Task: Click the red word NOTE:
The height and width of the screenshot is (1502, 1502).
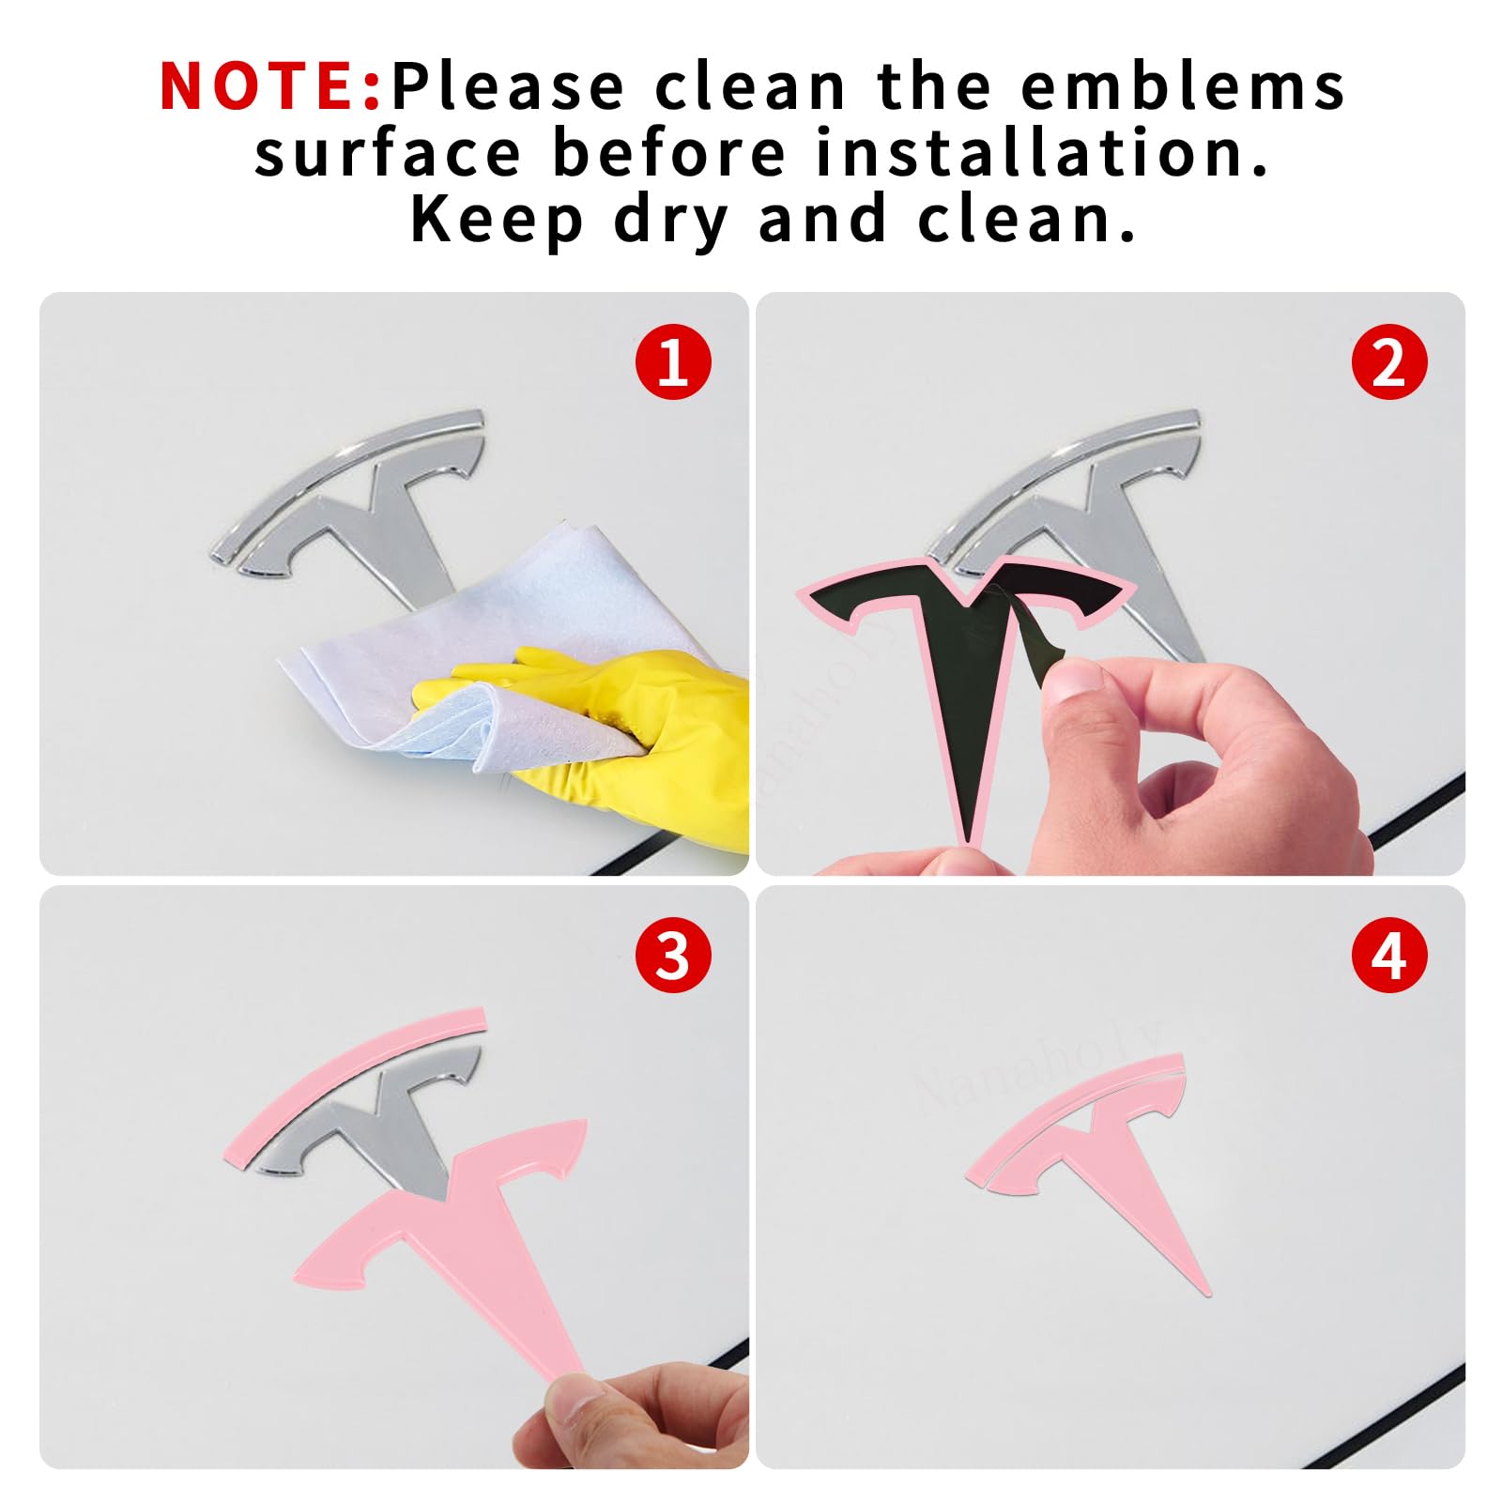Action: coord(270,86)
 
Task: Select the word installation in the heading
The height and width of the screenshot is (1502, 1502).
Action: coord(1042,153)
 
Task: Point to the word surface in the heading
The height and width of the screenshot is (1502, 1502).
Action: coord(387,153)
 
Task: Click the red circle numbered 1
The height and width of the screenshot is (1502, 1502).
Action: coord(673,362)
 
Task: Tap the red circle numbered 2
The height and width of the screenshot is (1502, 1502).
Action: coord(1389,362)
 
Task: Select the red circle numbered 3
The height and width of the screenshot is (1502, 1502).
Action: coord(673,956)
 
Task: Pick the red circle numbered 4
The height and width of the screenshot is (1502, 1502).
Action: coord(1389,956)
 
